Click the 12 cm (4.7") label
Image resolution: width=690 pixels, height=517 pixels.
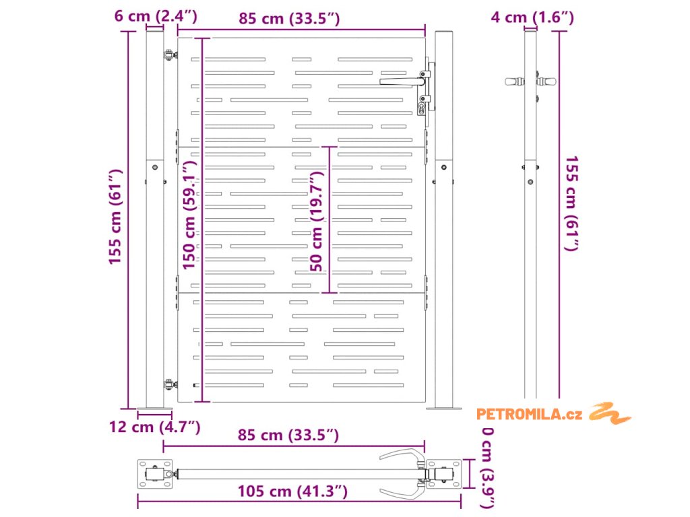156,426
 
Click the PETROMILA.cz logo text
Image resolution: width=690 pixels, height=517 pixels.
529,414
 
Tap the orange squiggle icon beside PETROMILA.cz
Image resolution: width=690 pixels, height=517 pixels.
610,413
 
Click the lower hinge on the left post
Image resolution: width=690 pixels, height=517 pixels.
168,384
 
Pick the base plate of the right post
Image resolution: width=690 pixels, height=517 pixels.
444,408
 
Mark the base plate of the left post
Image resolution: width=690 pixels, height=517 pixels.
155,408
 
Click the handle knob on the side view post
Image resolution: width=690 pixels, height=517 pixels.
515,81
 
